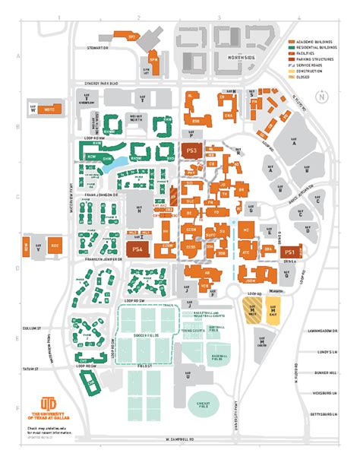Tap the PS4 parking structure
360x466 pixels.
pyautogui.click(x=137, y=248)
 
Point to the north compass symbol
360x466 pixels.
pyautogui.click(x=322, y=96)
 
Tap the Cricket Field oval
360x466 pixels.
pyautogui.click(x=202, y=403)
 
